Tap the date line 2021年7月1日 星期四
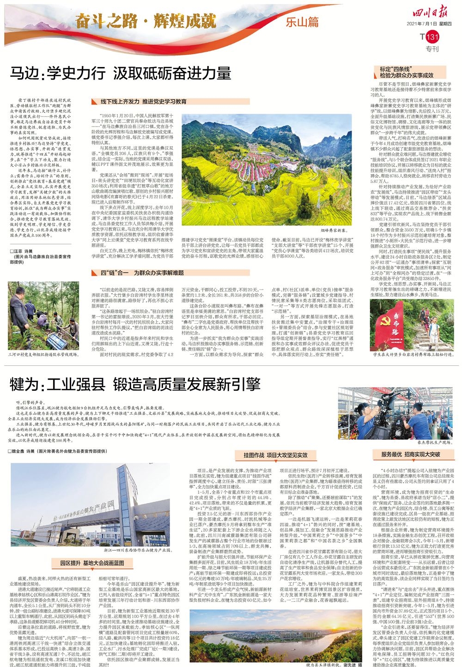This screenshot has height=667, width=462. [x=431, y=24]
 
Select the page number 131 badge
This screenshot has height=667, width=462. [x=431, y=37]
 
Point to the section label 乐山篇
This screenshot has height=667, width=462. [x=302, y=22]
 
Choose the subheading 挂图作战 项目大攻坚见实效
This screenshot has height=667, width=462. [x=275, y=455]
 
